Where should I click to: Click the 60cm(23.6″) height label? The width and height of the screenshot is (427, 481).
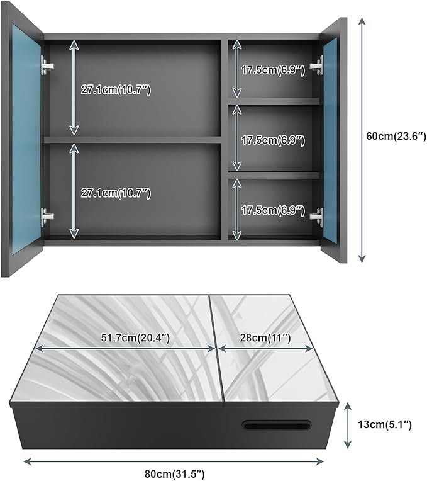pos(395,135)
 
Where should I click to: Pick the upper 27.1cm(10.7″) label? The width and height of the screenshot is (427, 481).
pos(116,90)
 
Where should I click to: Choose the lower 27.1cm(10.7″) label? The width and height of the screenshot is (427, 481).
pos(116,193)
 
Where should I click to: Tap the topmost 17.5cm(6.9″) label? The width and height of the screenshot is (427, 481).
pos(273,70)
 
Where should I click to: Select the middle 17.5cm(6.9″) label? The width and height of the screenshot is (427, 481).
pos(273,139)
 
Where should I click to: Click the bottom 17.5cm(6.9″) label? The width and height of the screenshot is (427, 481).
pos(273,209)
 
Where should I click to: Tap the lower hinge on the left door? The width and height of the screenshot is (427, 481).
pos(47,217)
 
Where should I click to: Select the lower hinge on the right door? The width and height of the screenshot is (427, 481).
pos(317,217)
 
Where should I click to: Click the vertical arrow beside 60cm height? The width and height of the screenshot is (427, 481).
pos(362,139)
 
